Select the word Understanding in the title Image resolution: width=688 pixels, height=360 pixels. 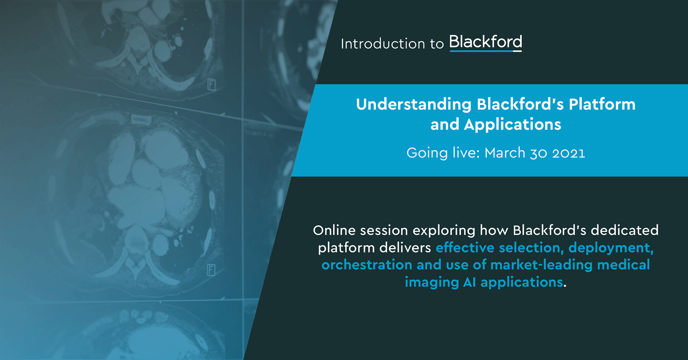pos(414,105)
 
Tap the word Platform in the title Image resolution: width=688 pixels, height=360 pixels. pos(602,105)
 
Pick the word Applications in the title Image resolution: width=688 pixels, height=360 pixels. pos(512,124)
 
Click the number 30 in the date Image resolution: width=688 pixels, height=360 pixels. pos(538,153)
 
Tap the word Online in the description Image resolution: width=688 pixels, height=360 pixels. pos(334,230)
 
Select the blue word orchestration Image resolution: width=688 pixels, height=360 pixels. pos(367,265)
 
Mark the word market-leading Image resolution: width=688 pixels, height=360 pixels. pos(541,265)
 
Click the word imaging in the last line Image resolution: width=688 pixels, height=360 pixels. pos(431,283)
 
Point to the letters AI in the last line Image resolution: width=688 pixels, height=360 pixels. pos(469,282)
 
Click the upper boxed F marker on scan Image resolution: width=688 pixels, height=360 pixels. pos(212,85)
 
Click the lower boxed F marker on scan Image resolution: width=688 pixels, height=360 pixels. pos(211,270)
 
